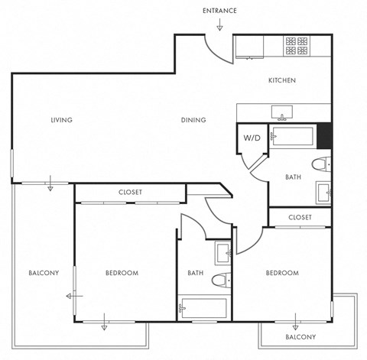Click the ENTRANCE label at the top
(219, 11)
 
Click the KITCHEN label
(281, 80)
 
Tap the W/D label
(252, 138)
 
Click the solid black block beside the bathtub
(325, 135)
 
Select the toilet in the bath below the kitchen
(322, 162)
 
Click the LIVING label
(61, 120)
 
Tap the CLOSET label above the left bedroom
(130, 192)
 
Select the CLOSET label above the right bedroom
(300, 218)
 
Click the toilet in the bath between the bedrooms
(219, 280)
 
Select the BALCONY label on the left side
(44, 273)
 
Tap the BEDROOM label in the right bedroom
(281, 273)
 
